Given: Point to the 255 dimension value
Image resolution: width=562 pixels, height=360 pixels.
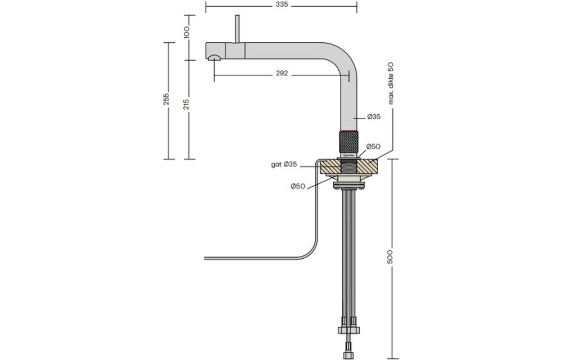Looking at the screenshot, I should [x=166, y=100].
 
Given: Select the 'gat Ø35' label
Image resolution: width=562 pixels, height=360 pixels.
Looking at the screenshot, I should [x=284, y=165].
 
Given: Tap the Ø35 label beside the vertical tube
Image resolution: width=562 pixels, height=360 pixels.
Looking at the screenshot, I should [x=374, y=117].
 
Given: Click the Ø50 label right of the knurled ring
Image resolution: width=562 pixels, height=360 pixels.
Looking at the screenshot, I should [x=374, y=146].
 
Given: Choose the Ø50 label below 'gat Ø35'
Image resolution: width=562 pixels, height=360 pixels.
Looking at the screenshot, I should [x=298, y=186].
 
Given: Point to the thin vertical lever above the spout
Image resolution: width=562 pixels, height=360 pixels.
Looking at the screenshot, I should [x=237, y=28].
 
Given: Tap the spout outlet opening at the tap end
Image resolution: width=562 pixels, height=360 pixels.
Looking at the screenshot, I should [x=214, y=57].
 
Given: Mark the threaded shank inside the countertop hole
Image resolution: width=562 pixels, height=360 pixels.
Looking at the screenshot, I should [x=348, y=167].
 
